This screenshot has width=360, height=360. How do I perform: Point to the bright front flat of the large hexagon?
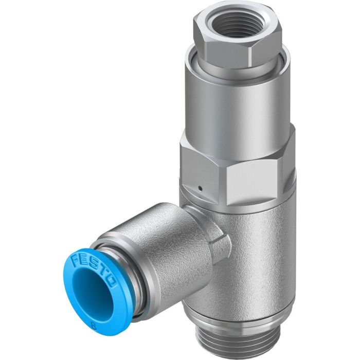(252, 180)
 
